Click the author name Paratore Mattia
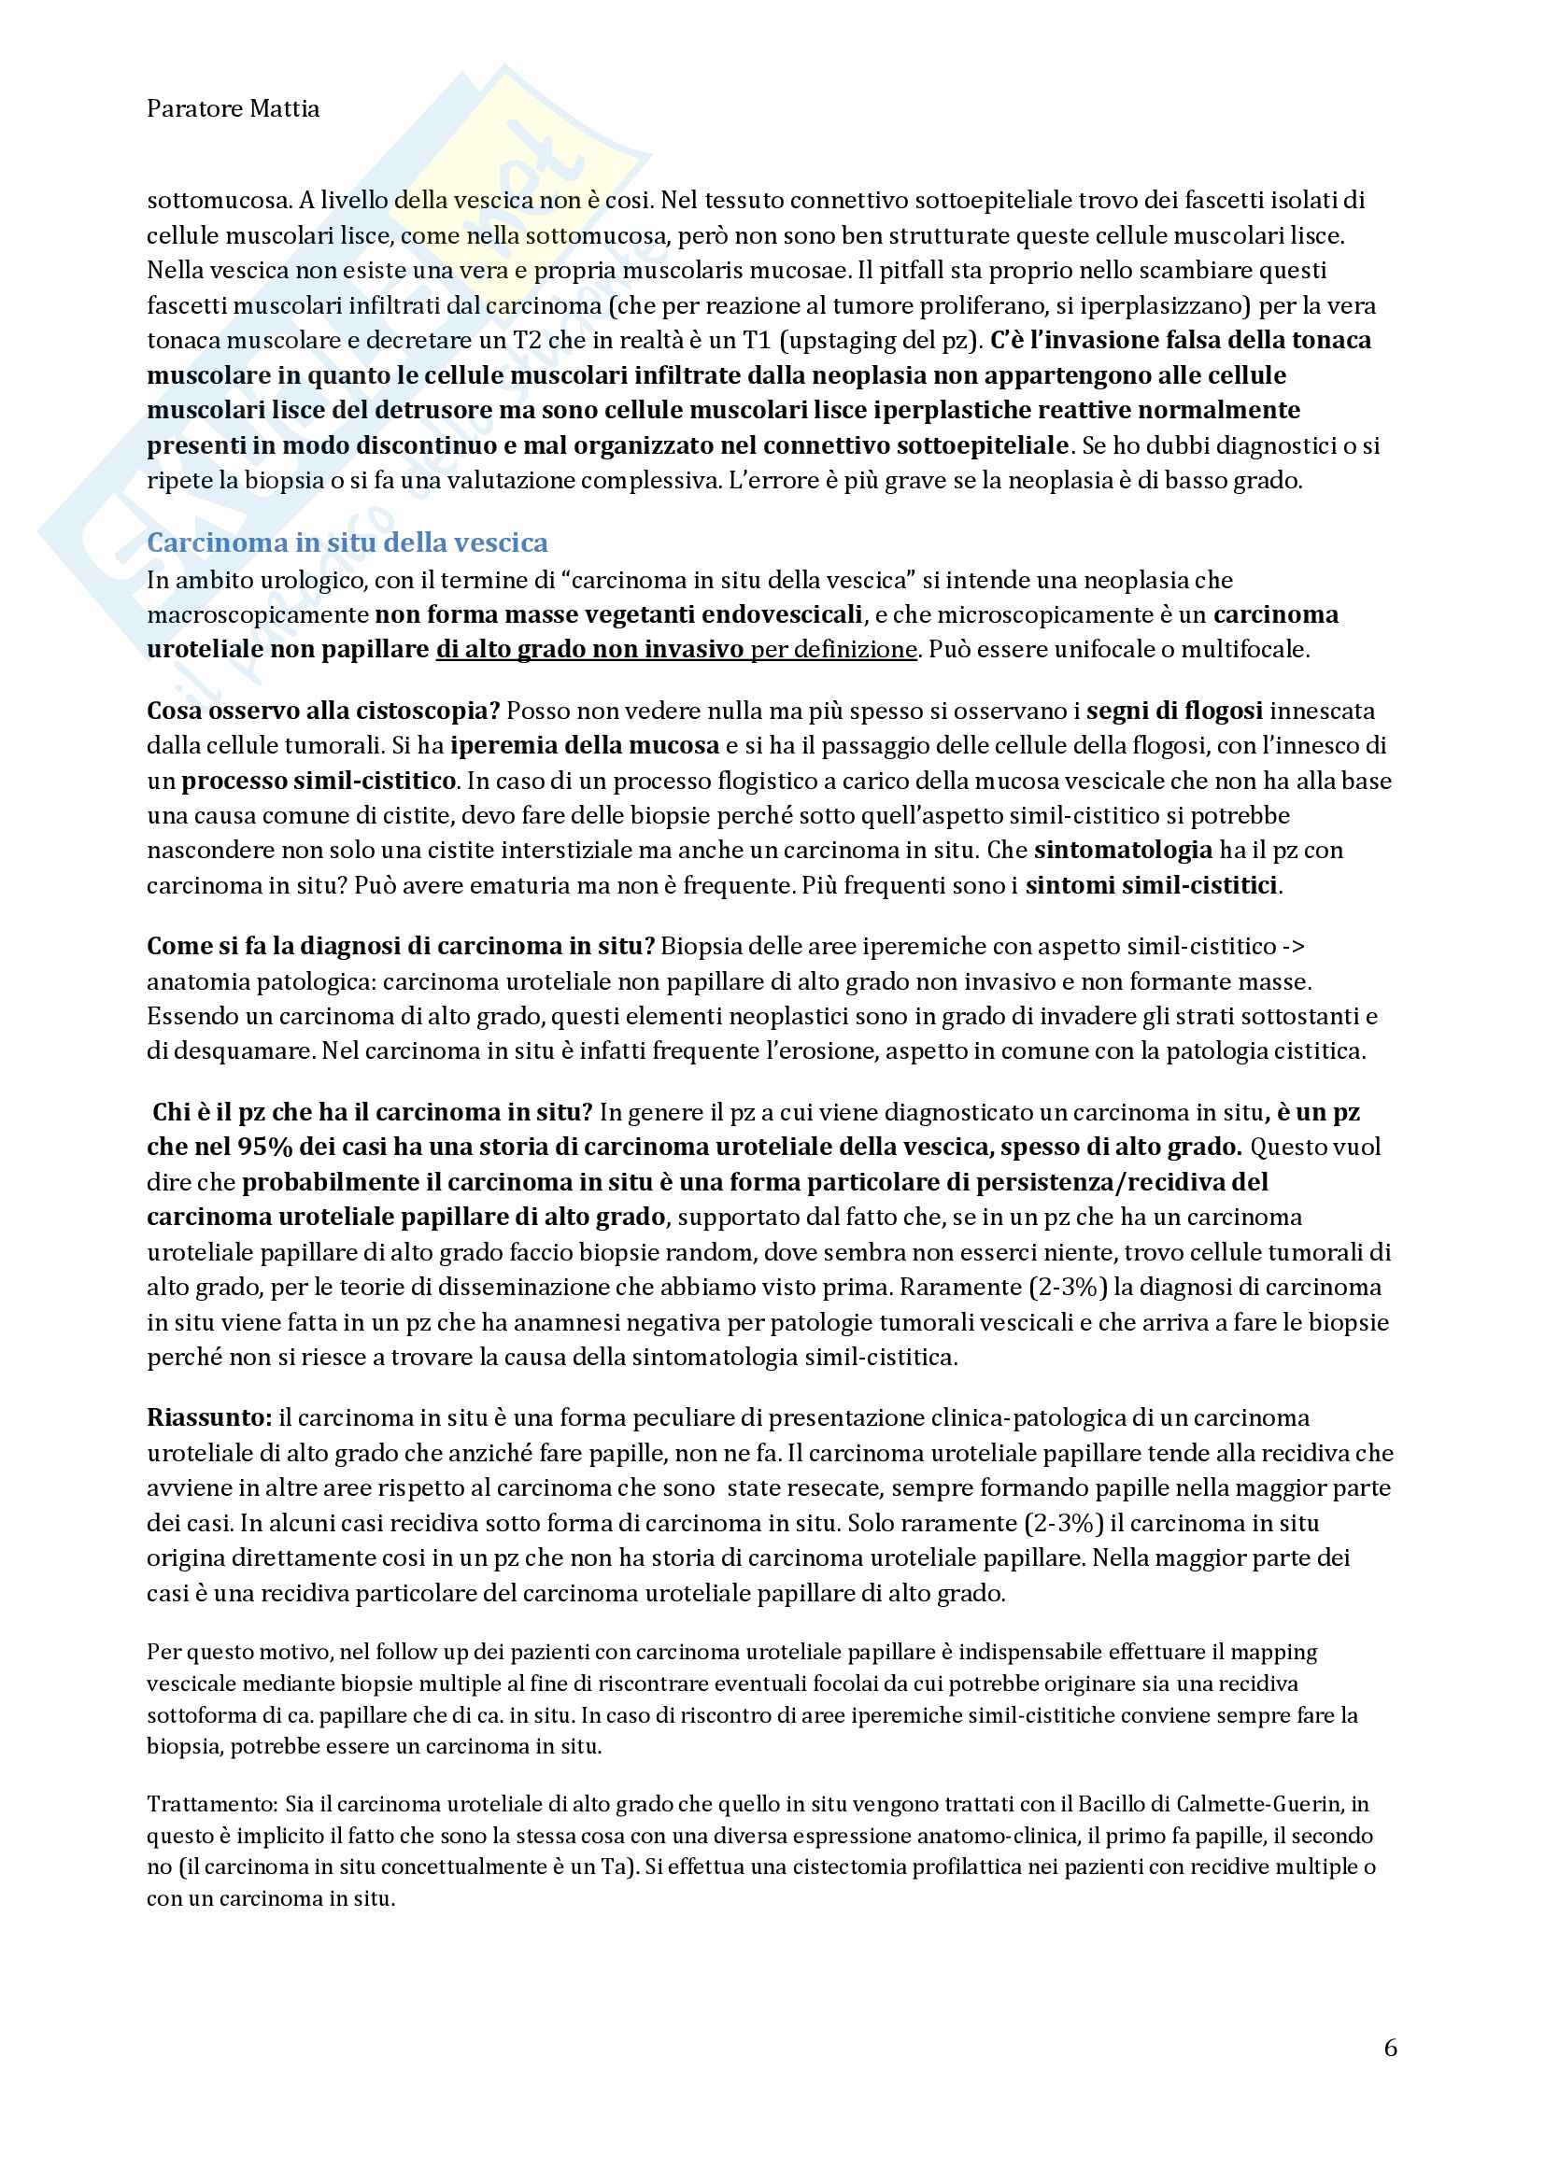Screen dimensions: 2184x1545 (x=234, y=109)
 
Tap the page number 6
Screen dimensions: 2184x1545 (x=1390, y=2048)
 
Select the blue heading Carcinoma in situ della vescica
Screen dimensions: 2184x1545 (x=347, y=542)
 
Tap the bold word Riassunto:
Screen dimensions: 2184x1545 (x=209, y=1418)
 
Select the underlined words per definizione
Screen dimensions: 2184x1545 (x=834, y=650)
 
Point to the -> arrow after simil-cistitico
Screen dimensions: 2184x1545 (x=1294, y=947)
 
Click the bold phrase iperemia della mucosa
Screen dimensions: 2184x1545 (x=584, y=746)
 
